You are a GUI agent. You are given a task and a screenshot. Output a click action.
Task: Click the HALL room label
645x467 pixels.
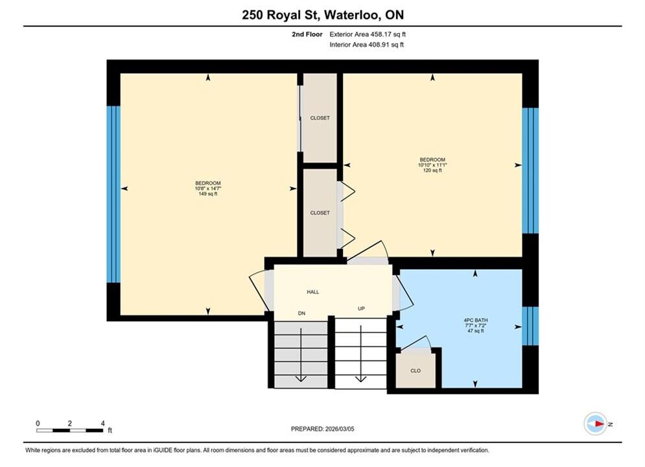[312, 292]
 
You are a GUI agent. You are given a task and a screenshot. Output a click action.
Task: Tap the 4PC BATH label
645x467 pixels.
[476, 320]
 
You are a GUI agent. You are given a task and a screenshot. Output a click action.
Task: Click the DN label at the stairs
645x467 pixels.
[301, 313]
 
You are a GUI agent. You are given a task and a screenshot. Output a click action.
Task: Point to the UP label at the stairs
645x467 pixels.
[361, 309]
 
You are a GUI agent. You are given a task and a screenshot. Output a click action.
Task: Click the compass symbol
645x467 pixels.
[596, 424]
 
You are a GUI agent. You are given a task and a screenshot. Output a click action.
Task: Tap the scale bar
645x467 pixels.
[69, 431]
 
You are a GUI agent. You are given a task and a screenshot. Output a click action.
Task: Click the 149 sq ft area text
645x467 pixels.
[207, 194]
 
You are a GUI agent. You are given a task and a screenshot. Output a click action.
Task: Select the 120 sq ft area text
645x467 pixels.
[432, 171]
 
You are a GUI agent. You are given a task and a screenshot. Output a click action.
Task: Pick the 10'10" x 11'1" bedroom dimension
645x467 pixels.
[432, 165]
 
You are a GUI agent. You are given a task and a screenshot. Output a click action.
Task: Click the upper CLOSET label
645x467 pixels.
[320, 118]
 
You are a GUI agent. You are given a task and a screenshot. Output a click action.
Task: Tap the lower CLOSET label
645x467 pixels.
[320, 213]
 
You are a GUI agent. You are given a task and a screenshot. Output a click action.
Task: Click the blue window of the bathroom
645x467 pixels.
[530, 326]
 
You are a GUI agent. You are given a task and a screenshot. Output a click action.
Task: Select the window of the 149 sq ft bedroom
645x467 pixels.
[113, 195]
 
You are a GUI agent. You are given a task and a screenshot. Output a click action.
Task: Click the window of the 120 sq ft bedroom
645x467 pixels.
[530, 171]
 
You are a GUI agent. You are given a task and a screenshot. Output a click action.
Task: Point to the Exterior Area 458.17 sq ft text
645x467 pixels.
[368, 34]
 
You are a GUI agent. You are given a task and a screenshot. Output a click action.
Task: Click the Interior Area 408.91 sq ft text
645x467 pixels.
[366, 45]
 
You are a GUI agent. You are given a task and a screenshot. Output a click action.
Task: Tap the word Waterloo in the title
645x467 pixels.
[352, 15]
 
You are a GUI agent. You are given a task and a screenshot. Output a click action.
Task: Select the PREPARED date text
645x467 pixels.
[323, 429]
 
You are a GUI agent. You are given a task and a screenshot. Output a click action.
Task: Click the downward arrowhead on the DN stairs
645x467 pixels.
[301, 379]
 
